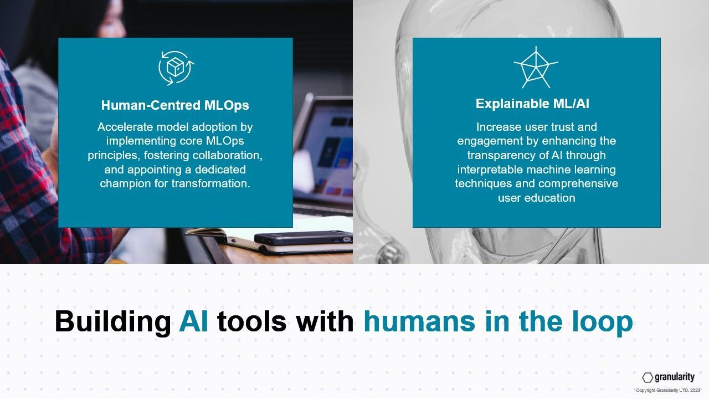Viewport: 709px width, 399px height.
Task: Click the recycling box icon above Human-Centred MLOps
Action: point(176,68)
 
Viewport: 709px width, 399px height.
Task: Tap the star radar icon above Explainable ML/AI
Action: point(536,68)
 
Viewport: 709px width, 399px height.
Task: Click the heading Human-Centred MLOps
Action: point(175,105)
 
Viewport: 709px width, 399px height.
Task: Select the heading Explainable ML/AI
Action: point(532,104)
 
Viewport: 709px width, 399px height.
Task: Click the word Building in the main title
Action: point(112,322)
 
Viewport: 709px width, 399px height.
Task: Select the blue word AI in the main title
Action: point(193,321)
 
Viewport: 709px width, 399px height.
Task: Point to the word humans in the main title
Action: point(419,322)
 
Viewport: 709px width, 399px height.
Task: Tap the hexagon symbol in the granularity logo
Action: point(648,377)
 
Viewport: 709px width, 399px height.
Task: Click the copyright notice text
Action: point(668,390)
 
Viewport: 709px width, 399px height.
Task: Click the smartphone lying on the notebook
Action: point(303,238)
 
